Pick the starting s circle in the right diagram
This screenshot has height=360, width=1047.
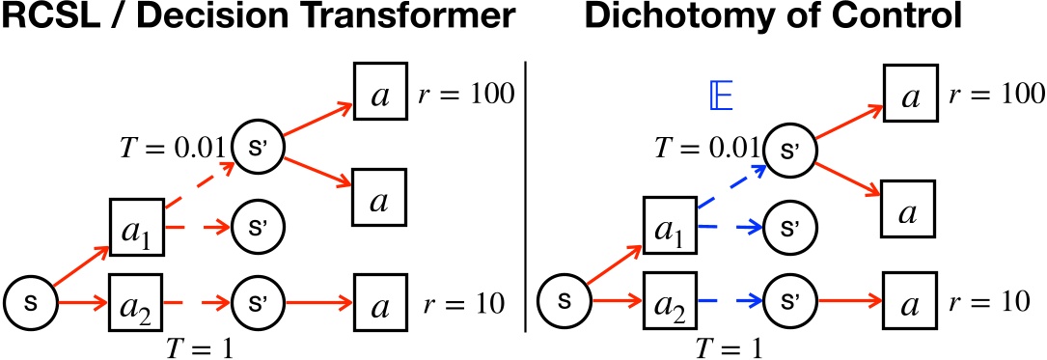click(x=565, y=302)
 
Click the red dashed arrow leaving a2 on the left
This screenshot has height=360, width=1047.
click(x=196, y=302)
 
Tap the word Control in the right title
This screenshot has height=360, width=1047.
click(x=908, y=20)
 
